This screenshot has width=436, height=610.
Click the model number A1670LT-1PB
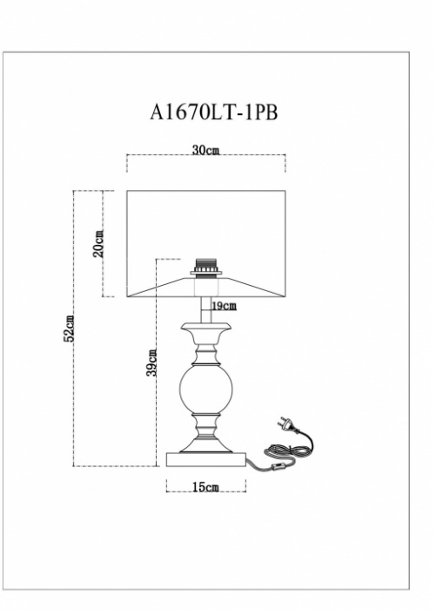click(x=214, y=112)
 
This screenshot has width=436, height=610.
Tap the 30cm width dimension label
click(x=206, y=150)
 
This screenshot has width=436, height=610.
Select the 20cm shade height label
click(x=98, y=243)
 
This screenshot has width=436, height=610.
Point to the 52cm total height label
click(x=69, y=329)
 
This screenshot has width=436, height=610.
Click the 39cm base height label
click(x=152, y=363)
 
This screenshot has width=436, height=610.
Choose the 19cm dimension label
click(x=225, y=306)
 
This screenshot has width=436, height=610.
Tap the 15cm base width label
click(x=206, y=486)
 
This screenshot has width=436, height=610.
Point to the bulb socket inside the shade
click(x=206, y=268)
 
